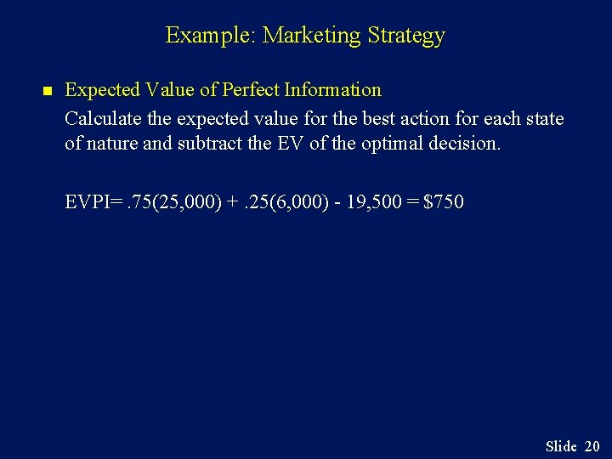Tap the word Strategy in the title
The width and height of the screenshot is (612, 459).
tap(406, 36)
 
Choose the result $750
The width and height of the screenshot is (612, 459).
tap(444, 202)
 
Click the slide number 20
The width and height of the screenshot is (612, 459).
tap(592, 445)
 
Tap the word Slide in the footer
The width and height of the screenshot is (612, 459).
tap(561, 445)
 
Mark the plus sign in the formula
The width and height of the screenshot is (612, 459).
tap(232, 202)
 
